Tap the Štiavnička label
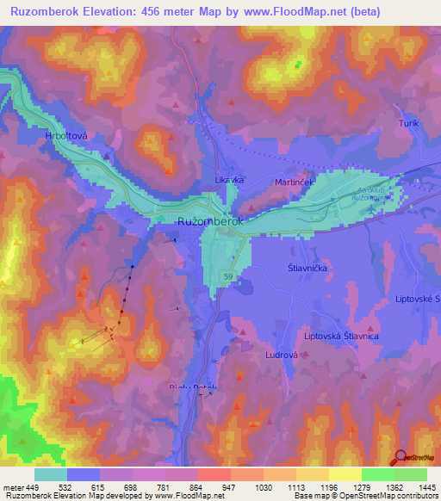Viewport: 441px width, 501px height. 304,268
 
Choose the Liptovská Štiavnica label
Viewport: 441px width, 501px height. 342,336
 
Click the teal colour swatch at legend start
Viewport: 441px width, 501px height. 50,474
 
